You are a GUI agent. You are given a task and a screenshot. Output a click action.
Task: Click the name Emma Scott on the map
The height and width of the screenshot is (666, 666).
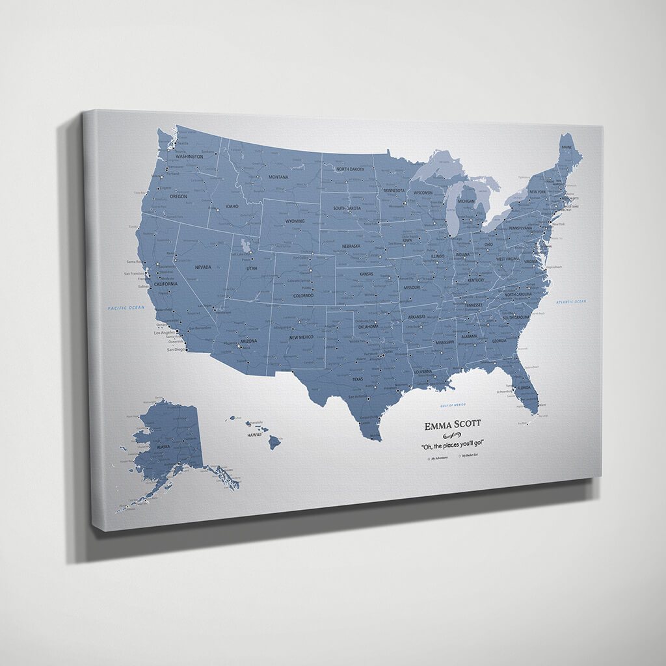(x=453, y=425)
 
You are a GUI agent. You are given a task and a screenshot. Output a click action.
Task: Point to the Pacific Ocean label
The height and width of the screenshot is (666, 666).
(x=126, y=308)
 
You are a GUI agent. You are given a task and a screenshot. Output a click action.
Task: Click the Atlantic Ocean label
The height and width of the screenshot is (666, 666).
(x=570, y=302)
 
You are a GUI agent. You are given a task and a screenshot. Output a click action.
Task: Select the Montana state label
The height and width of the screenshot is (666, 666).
(x=278, y=177)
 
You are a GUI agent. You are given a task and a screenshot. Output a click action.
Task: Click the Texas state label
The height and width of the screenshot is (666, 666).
(x=358, y=379)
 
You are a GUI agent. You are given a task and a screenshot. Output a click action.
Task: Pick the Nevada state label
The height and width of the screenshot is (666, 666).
(x=203, y=267)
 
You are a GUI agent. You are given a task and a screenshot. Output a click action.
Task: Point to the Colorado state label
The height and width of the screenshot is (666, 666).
(x=303, y=295)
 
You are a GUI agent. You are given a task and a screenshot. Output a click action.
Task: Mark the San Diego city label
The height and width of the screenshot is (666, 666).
(x=176, y=349)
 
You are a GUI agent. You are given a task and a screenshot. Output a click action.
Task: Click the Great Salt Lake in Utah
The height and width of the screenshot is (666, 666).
(x=245, y=245)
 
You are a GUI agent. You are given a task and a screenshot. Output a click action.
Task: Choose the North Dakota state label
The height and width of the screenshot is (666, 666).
(x=350, y=169)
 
